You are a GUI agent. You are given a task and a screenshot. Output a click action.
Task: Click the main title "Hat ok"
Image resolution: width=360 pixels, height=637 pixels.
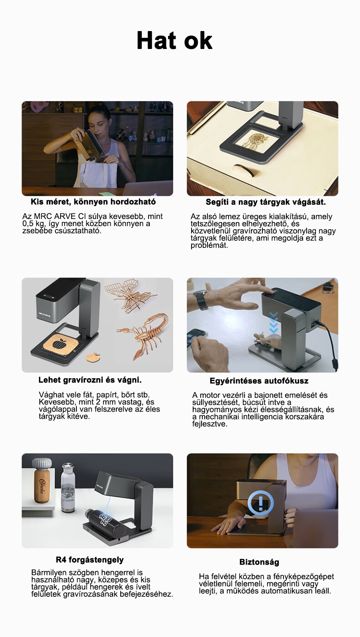tap(174, 40)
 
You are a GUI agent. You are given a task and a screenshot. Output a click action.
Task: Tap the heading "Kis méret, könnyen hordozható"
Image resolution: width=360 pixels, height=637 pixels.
tap(93, 202)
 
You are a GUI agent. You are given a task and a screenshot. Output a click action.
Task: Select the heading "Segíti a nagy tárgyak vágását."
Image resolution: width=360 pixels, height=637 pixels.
tap(266, 202)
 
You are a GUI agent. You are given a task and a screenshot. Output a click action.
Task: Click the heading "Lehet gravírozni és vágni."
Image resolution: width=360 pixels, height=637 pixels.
tap(90, 380)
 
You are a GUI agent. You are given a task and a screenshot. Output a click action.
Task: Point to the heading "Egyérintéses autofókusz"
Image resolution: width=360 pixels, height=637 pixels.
tap(259, 381)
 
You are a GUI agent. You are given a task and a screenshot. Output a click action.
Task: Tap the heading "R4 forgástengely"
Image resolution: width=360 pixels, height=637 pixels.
tap(90, 560)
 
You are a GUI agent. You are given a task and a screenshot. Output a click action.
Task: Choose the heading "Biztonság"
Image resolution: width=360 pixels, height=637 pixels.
tap(259, 562)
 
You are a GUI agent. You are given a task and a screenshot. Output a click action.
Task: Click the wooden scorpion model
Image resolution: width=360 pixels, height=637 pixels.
tap(143, 336)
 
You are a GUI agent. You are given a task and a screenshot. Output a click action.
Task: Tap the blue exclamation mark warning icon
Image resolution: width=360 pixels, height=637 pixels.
tap(261, 503)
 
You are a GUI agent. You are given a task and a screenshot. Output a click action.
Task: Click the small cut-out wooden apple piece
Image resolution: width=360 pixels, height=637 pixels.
tap(93, 357)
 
